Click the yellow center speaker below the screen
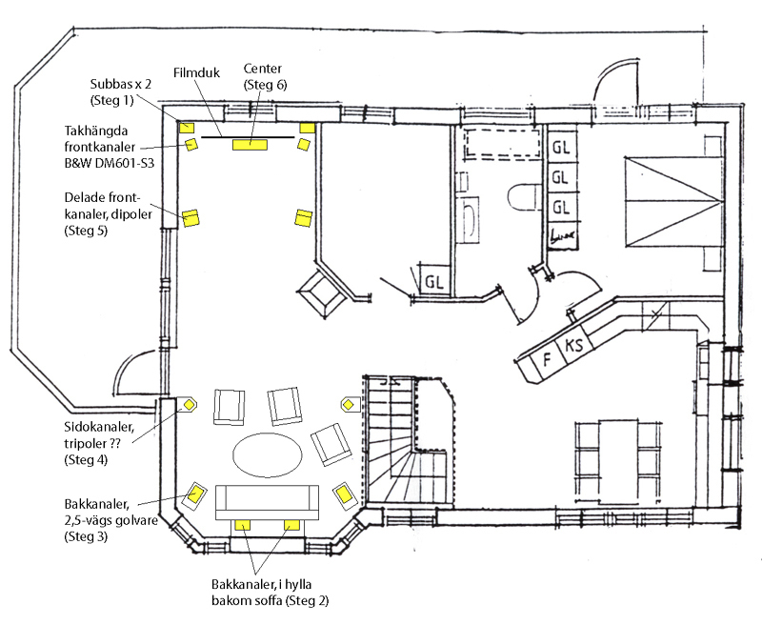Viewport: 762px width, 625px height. pyautogui.click(x=250, y=145)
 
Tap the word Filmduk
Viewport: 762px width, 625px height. pyautogui.click(x=197, y=73)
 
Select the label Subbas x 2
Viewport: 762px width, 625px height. pyautogui.click(x=121, y=84)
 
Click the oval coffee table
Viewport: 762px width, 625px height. pyautogui.click(x=268, y=454)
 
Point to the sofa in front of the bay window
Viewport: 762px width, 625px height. pyautogui.click(x=267, y=502)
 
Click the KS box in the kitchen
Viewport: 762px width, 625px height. pyautogui.click(x=574, y=347)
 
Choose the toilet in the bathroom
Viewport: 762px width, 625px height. pyautogui.click(x=524, y=197)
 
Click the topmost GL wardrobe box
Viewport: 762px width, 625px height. pyautogui.click(x=561, y=147)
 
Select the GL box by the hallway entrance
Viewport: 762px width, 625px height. pyautogui.click(x=433, y=281)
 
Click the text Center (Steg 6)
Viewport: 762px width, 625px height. pyautogui.click(x=266, y=77)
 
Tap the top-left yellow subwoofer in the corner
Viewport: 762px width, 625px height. pyautogui.click(x=187, y=128)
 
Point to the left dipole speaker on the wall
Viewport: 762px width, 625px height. pyautogui.click(x=191, y=218)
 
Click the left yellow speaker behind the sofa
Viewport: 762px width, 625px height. pyautogui.click(x=243, y=525)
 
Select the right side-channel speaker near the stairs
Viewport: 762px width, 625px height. pyautogui.click(x=348, y=404)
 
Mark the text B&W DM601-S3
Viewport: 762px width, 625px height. pyautogui.click(x=110, y=163)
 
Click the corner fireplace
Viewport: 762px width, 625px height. pyautogui.click(x=322, y=294)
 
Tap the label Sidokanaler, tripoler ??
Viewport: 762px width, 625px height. pyautogui.click(x=99, y=435)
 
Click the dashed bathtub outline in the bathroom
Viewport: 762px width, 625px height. pyautogui.click(x=503, y=142)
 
